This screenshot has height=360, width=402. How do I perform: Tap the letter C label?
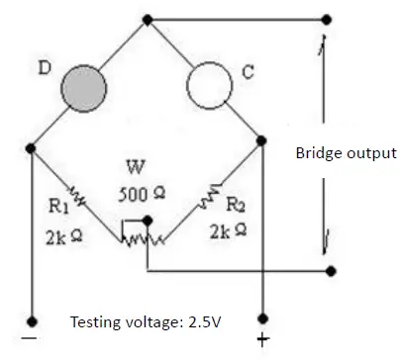click(x=248, y=70)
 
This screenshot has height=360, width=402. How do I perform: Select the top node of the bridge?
click(x=148, y=20)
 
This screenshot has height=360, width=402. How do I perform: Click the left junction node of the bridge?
click(x=32, y=149)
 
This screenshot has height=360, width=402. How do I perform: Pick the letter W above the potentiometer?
click(x=137, y=165)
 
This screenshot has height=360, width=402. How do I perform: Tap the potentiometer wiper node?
click(x=147, y=220)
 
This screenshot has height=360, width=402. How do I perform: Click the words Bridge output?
click(x=346, y=153)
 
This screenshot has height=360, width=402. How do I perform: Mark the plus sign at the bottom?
click(x=262, y=342)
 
